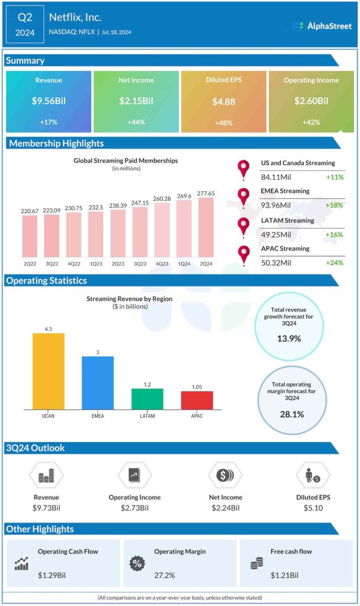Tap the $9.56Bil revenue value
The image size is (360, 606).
[49, 101]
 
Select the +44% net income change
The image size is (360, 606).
[136, 121]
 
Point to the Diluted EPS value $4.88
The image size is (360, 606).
[224, 101]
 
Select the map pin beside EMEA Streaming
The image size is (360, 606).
[243, 197]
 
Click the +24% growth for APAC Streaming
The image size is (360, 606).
[335, 262]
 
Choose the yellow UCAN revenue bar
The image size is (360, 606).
[48, 371]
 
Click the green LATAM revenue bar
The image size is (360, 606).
[147, 398]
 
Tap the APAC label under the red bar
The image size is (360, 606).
[197, 416]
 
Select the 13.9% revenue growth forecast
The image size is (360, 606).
[289, 339]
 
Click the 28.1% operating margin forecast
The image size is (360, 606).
[292, 414]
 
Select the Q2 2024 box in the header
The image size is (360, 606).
[24, 24]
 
